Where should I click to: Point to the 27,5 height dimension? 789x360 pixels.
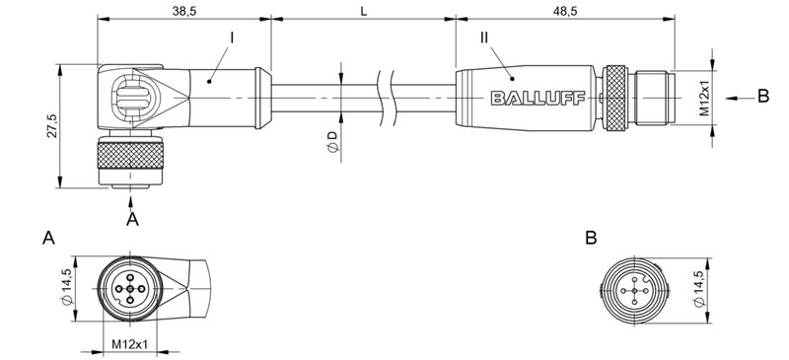pos(50,127)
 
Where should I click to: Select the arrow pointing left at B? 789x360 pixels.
pos(735,97)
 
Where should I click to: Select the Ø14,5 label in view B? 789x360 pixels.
pos(700,290)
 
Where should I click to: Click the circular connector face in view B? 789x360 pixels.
pos(631,290)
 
